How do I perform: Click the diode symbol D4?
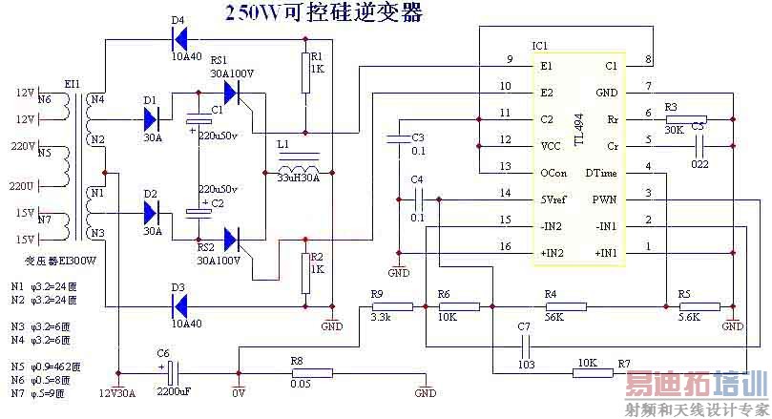point(178,39)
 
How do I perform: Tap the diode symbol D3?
point(179,305)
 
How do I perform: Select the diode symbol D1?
point(151,119)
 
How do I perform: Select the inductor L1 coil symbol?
point(299,160)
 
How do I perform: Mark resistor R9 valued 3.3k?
point(392,306)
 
